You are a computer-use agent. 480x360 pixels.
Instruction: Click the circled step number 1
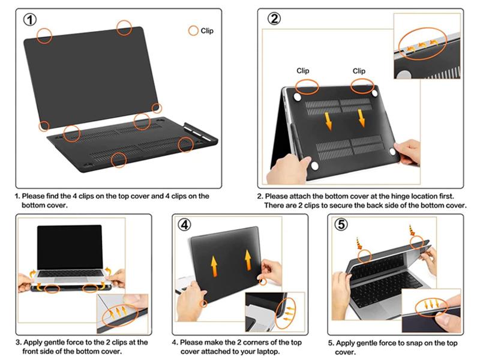click(x=31, y=19)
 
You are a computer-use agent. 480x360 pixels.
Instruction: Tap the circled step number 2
click(x=274, y=19)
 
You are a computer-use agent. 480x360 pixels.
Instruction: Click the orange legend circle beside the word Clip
click(x=193, y=31)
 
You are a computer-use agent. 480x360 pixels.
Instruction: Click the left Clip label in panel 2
click(x=303, y=71)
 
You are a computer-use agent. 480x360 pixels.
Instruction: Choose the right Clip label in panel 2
click(x=359, y=71)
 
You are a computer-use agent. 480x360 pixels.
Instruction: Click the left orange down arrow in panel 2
click(x=328, y=120)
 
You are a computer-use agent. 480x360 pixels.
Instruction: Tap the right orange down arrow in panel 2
click(x=362, y=118)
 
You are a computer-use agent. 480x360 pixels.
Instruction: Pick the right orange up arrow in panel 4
click(x=248, y=260)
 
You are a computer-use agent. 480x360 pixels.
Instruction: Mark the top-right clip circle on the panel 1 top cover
click(x=124, y=27)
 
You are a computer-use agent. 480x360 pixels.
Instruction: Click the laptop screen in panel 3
click(x=70, y=247)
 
